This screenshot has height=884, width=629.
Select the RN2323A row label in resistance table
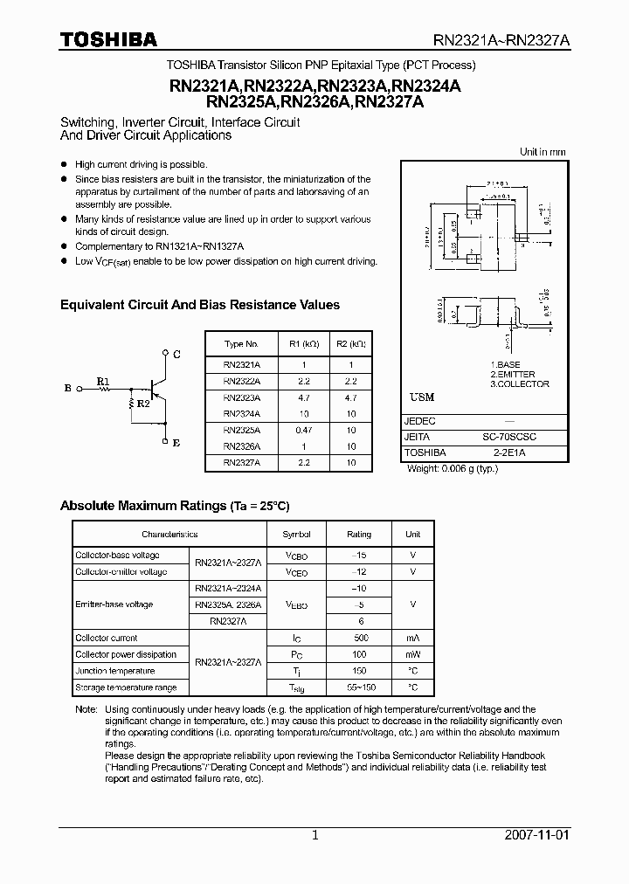click(x=241, y=397)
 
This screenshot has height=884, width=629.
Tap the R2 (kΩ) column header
click(x=350, y=343)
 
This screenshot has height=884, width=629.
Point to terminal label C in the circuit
click(x=177, y=355)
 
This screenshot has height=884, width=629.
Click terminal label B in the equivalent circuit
click(x=67, y=388)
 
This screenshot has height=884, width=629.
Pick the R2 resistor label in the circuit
click(x=143, y=404)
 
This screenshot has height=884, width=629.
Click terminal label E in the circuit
click(x=177, y=443)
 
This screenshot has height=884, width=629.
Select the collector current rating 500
click(x=358, y=638)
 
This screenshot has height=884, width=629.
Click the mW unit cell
click(x=412, y=654)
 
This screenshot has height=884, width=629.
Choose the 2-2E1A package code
click(x=510, y=452)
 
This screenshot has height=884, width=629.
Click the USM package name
click(x=422, y=397)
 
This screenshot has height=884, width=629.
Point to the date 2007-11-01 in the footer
click(x=536, y=835)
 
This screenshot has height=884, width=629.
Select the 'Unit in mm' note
click(x=543, y=152)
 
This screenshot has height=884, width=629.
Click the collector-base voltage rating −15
click(x=358, y=556)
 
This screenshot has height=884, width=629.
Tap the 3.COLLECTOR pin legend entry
click(x=520, y=383)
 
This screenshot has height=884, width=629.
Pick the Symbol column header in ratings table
click(x=296, y=534)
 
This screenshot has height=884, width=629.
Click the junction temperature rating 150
click(x=358, y=671)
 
